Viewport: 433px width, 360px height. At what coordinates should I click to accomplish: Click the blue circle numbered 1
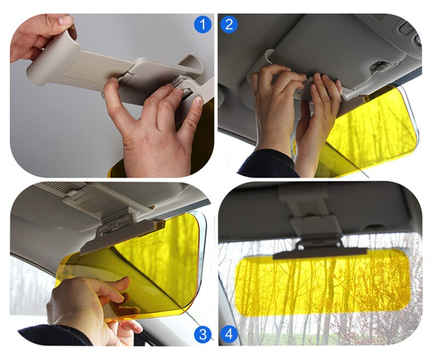(203, 25)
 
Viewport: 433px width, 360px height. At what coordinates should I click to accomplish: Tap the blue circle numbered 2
(229, 25)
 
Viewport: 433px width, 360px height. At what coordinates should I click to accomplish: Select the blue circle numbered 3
(203, 334)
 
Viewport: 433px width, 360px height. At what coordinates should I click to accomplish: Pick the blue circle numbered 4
(229, 334)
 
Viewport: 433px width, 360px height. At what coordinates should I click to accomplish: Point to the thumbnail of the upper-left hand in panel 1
(66, 20)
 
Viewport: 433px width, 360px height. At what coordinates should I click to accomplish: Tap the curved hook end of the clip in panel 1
(194, 64)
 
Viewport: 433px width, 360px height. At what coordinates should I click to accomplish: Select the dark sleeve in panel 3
(55, 335)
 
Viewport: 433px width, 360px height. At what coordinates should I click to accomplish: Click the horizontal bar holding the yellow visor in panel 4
(320, 254)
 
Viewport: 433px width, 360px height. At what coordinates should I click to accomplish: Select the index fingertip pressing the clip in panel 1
(111, 82)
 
